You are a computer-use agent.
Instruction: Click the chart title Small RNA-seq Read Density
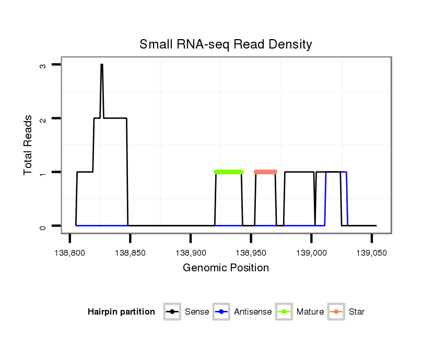click(226, 44)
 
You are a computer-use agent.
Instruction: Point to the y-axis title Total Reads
click(28, 145)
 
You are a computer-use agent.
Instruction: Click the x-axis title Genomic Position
click(226, 268)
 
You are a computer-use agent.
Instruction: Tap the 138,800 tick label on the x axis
click(70, 253)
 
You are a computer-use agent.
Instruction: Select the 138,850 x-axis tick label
click(130, 253)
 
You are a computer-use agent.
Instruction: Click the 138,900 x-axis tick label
click(191, 253)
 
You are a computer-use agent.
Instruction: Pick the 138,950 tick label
click(251, 253)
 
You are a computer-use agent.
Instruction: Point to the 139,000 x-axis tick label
click(311, 253)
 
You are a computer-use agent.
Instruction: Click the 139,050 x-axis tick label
click(371, 253)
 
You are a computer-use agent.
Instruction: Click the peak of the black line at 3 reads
click(102, 65)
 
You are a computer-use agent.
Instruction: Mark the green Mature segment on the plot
click(229, 172)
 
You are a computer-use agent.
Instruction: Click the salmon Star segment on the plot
click(265, 172)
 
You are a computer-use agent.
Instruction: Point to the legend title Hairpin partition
click(121, 312)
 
